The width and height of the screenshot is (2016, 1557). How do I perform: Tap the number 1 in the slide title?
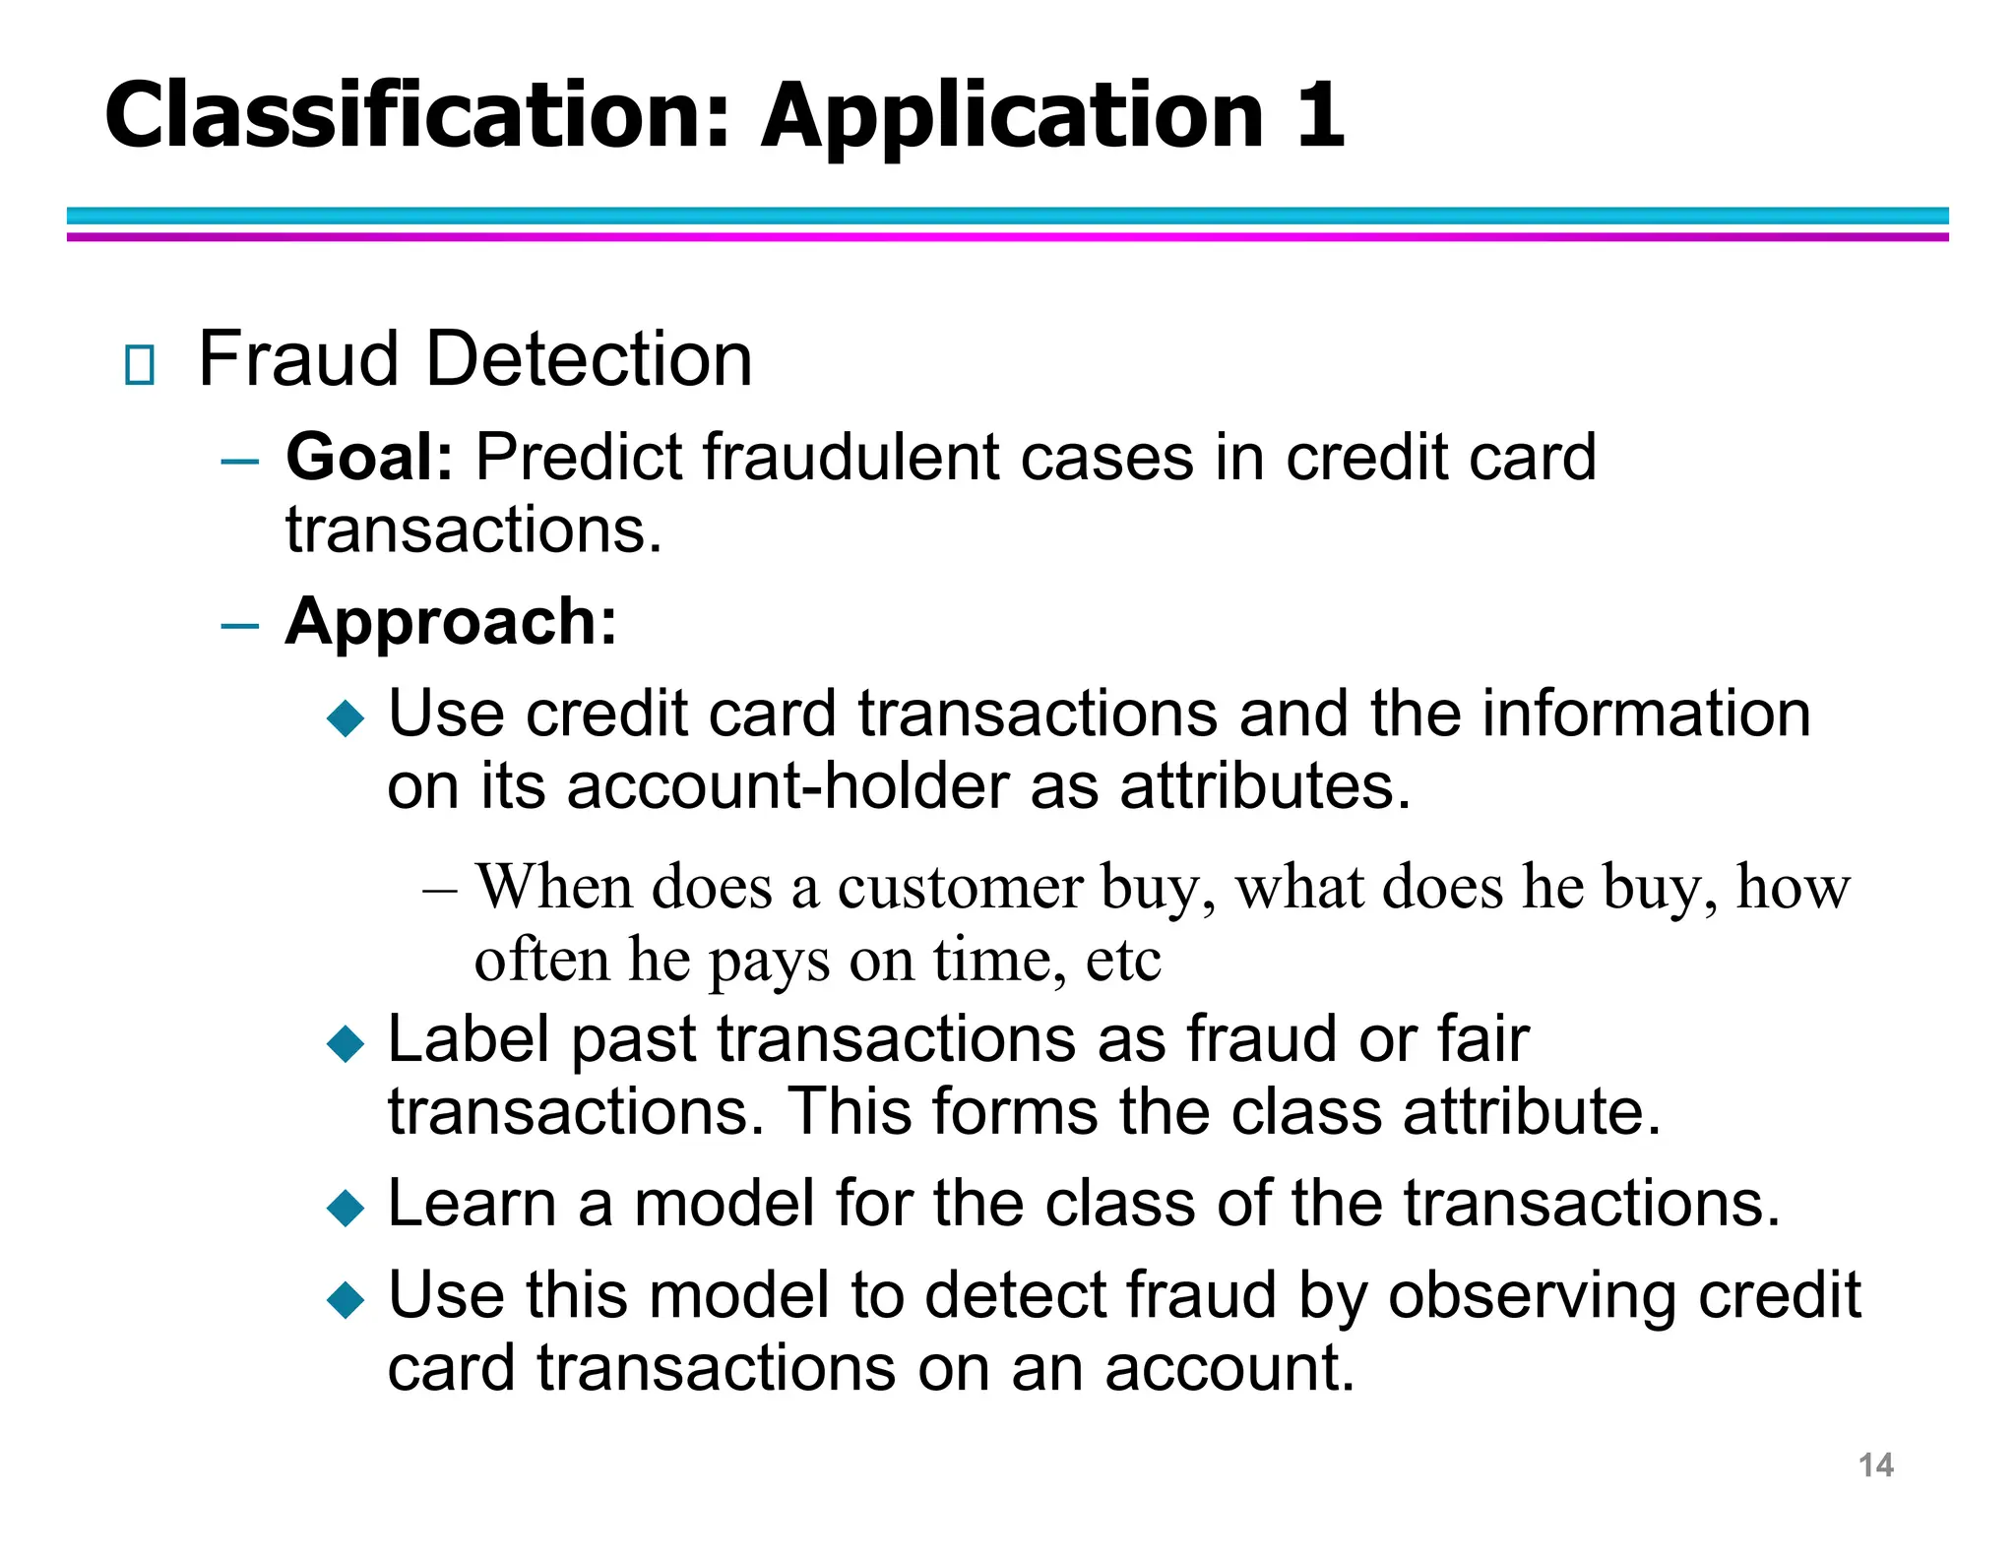tap(1320, 116)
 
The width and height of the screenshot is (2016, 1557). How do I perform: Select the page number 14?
tap(1875, 1464)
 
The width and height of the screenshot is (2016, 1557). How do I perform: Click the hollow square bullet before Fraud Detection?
tap(140, 365)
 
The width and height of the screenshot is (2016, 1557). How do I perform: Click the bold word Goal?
tap(369, 458)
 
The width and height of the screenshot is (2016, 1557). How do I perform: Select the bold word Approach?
tap(451, 622)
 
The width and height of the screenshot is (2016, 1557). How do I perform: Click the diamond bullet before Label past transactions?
tap(346, 1043)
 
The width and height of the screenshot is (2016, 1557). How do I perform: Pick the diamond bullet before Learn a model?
tap(346, 1207)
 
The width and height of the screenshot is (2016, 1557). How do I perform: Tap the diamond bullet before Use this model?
tap(346, 1299)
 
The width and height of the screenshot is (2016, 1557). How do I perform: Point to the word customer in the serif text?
tap(959, 888)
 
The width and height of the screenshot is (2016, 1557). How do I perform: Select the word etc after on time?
tap(1122, 961)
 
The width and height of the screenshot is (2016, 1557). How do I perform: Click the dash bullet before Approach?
tap(240, 625)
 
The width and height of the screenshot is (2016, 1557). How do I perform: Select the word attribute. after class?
tap(1532, 1112)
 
